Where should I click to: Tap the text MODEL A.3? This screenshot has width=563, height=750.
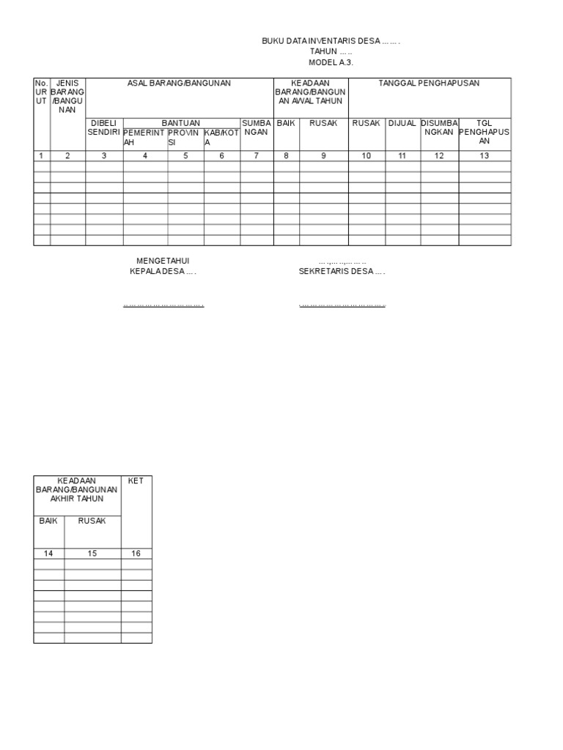pyautogui.click(x=331, y=63)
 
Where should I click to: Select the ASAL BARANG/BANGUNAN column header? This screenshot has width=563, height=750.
pyautogui.click(x=179, y=83)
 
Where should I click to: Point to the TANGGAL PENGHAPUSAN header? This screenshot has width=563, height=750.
pyautogui.click(x=429, y=83)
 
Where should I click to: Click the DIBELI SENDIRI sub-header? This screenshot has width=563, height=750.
pyautogui.click(x=104, y=127)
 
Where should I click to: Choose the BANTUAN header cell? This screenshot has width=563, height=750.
pyautogui.click(x=181, y=123)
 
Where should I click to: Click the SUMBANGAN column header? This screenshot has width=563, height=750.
pyautogui.click(x=257, y=127)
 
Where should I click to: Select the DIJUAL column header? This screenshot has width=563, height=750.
pyautogui.click(x=402, y=123)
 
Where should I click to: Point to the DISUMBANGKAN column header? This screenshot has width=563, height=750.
pyautogui.click(x=439, y=127)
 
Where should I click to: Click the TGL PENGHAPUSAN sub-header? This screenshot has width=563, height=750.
pyautogui.click(x=484, y=132)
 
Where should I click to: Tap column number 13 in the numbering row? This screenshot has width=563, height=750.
pyautogui.click(x=484, y=155)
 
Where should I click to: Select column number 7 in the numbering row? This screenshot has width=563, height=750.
pyautogui.click(x=257, y=155)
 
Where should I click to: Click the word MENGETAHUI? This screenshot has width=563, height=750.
pyautogui.click(x=163, y=261)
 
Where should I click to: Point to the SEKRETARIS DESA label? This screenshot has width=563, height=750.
pyautogui.click(x=342, y=271)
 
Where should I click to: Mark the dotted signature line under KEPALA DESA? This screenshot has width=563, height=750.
pyautogui.click(x=163, y=305)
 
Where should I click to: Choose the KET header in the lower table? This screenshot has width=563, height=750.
pyautogui.click(x=136, y=480)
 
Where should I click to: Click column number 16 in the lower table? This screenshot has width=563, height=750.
pyautogui.click(x=136, y=554)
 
